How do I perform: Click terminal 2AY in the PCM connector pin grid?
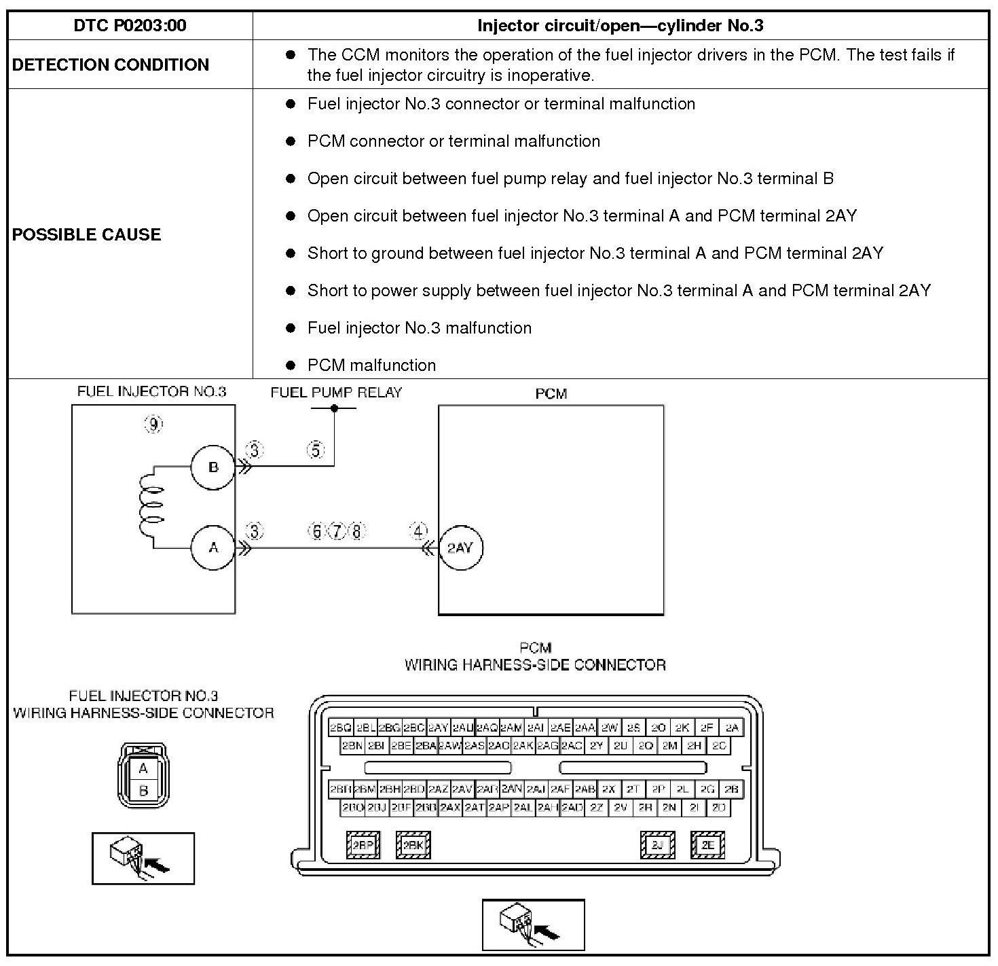pyautogui.click(x=438, y=728)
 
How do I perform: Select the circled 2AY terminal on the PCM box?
pyautogui.click(x=460, y=548)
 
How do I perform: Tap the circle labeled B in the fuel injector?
pyautogui.click(x=213, y=467)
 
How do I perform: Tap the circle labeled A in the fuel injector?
pyautogui.click(x=213, y=547)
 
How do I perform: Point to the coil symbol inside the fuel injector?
pyautogui.click(x=150, y=507)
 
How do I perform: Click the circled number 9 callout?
pyautogui.click(x=154, y=425)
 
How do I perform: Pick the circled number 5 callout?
pyautogui.click(x=316, y=450)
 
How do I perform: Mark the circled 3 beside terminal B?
pyautogui.click(x=254, y=450)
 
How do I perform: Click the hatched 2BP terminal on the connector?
pyautogui.click(x=363, y=845)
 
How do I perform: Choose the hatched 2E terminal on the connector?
pyautogui.click(x=707, y=845)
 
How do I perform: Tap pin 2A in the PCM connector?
pyautogui.click(x=731, y=728)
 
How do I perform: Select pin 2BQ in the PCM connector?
pyautogui.click(x=340, y=728)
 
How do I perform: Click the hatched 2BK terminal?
pyautogui.click(x=413, y=845)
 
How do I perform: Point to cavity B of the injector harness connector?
pyautogui.click(x=143, y=791)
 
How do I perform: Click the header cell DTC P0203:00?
pyautogui.click(x=130, y=26)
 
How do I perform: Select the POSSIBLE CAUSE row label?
pyautogui.click(x=87, y=234)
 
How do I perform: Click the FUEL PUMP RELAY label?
pyautogui.click(x=336, y=393)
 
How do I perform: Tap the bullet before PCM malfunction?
pyautogui.click(x=291, y=365)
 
